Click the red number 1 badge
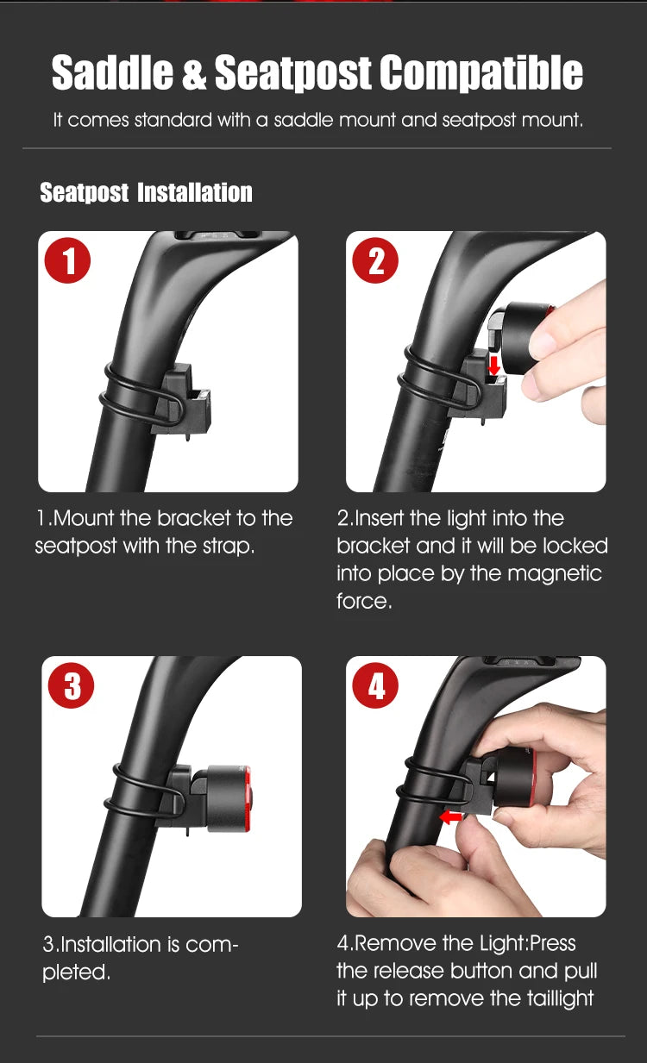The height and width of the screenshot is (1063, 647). pyautogui.click(x=67, y=260)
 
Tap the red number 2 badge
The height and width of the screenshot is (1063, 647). pyautogui.click(x=375, y=260)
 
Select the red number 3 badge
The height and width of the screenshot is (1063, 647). pyautogui.click(x=72, y=685)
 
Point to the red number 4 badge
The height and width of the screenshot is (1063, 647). pyautogui.click(x=375, y=685)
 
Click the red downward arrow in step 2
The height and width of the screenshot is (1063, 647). pyautogui.click(x=494, y=366)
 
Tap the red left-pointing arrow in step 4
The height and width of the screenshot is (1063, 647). pyautogui.click(x=450, y=816)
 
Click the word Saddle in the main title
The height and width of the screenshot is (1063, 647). pyautogui.click(x=112, y=72)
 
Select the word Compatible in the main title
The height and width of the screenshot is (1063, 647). pyautogui.click(x=481, y=72)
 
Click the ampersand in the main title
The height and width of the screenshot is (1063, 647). pyautogui.click(x=194, y=72)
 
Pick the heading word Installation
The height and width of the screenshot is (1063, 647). pyautogui.click(x=195, y=192)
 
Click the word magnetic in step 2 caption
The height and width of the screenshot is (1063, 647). pyautogui.click(x=555, y=573)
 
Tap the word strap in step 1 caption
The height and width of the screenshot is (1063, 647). pyautogui.click(x=229, y=547)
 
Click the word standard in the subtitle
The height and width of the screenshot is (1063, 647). pyautogui.click(x=173, y=120)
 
